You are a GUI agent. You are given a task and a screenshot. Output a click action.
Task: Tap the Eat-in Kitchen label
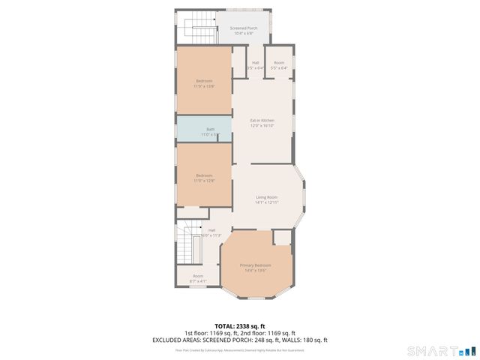tap(262, 120)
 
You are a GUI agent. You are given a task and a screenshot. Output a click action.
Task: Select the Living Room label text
tap(267, 197)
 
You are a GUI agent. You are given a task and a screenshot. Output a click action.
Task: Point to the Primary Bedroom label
tap(256, 265)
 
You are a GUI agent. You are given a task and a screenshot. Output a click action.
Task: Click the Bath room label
tap(211, 130)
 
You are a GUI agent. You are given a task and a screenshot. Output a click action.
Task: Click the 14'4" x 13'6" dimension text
tap(256, 271)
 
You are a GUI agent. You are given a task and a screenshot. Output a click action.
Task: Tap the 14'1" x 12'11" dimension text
tap(267, 202)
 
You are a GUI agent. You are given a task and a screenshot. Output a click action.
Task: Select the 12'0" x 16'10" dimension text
tap(262, 125)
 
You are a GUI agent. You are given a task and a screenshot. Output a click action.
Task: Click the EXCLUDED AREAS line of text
tap(239, 339)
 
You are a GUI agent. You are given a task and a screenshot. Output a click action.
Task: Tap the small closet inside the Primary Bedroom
tap(282, 238)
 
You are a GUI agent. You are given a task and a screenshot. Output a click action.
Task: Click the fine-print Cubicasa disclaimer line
tap(239, 349)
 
